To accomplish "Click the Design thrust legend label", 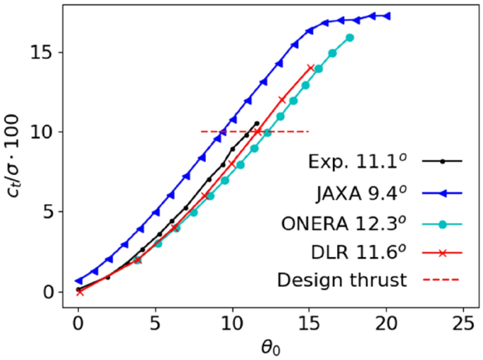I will [x=342, y=280].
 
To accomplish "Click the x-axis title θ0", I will [x=271, y=347].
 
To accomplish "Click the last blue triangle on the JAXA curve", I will [x=386, y=15].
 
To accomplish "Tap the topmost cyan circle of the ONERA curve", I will [x=350, y=37].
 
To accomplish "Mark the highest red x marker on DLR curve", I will [x=310, y=68].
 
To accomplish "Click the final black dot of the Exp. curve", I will [x=257, y=123].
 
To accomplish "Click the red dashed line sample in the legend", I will [x=442, y=280].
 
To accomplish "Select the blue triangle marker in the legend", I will [x=442, y=192].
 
